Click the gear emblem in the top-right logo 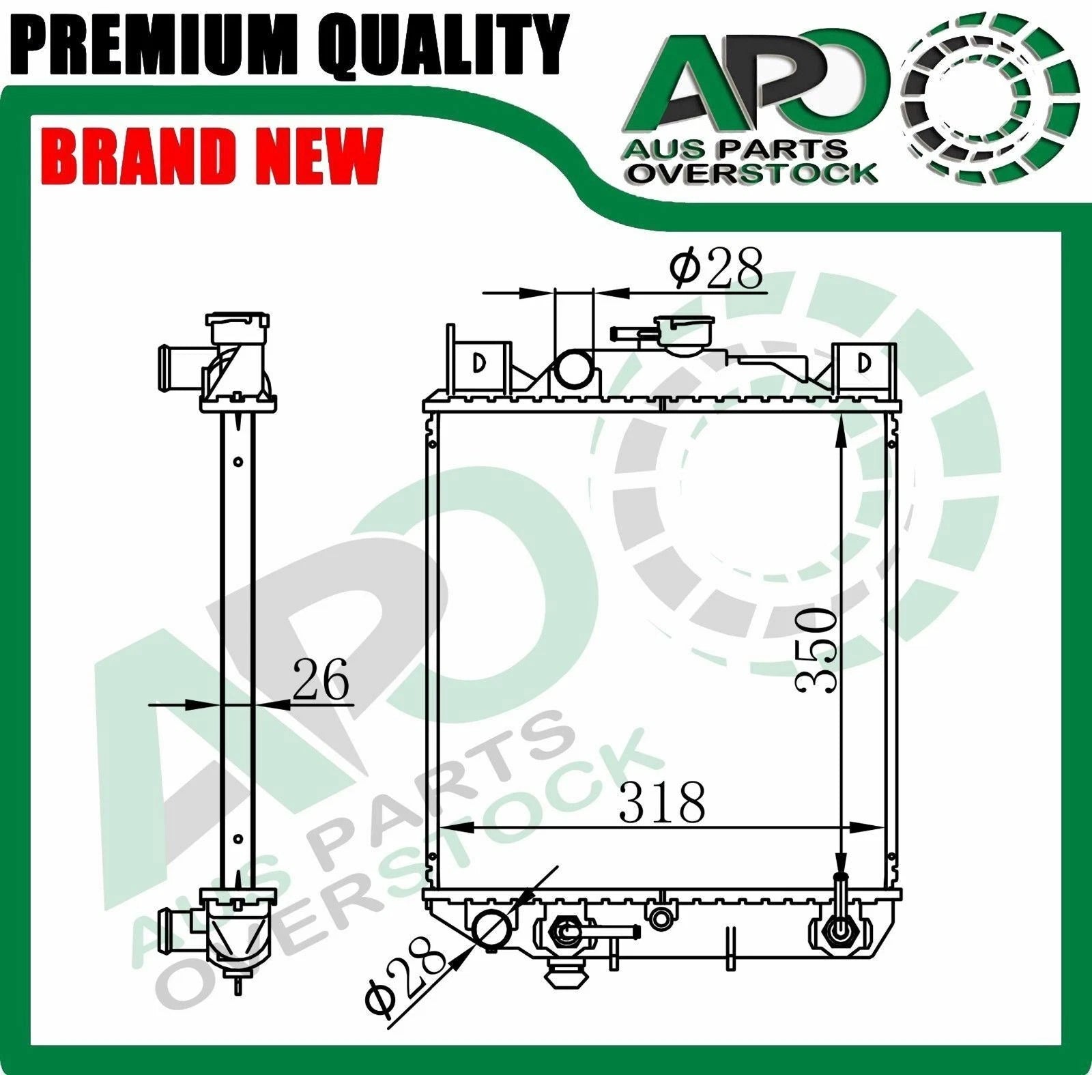[x=992, y=100]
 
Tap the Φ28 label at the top [x=716, y=268]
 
